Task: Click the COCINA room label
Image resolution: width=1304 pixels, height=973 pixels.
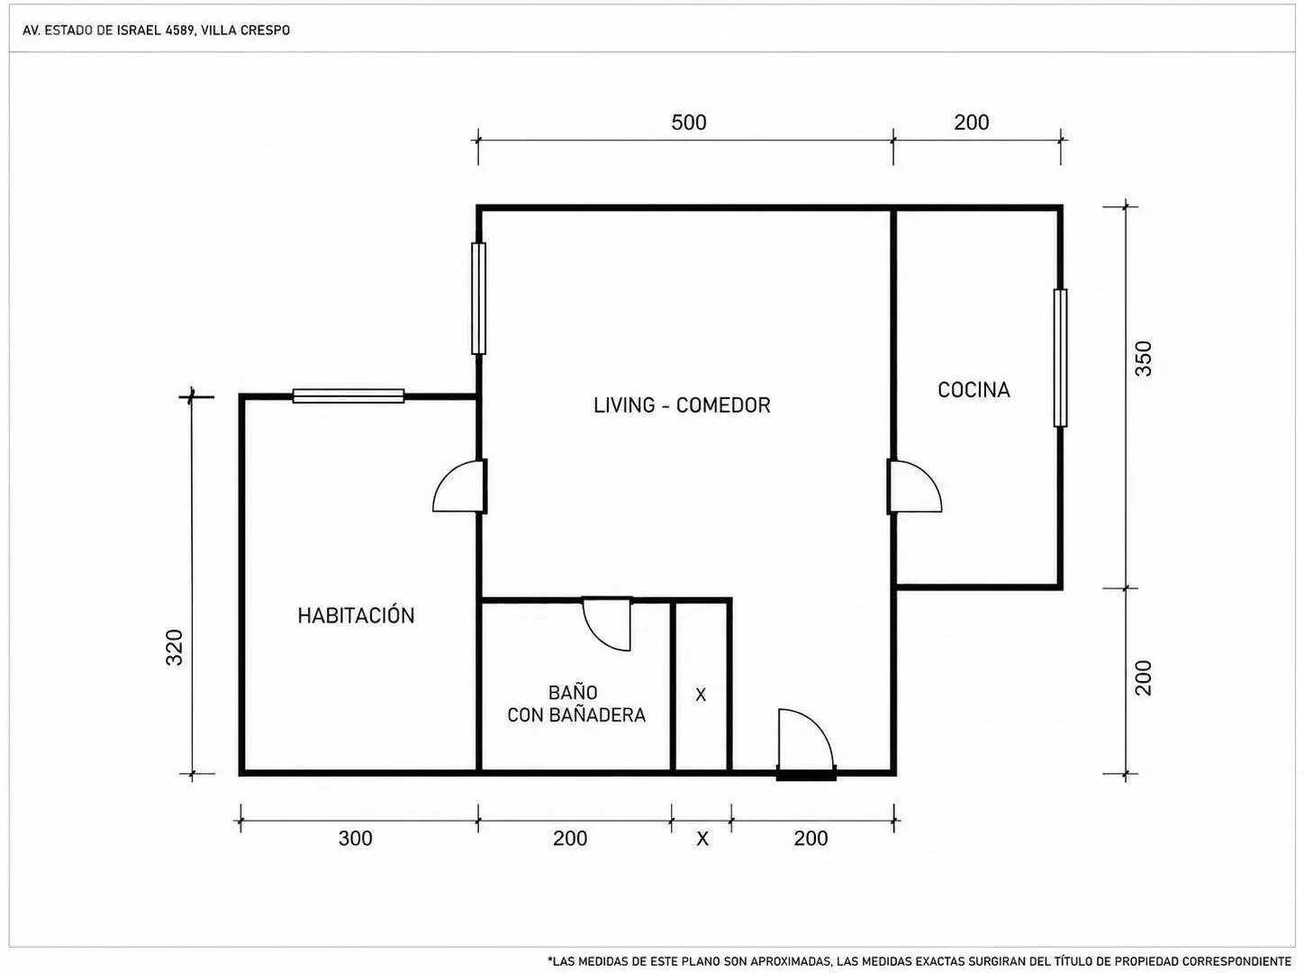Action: [x=973, y=390]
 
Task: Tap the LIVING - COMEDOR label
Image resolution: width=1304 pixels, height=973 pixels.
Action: [x=682, y=405]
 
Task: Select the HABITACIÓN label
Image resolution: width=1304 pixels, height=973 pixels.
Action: [x=356, y=615]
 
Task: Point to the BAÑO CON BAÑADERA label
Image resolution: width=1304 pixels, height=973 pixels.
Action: [x=575, y=703]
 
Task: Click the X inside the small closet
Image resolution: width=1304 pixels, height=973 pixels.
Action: [x=701, y=695]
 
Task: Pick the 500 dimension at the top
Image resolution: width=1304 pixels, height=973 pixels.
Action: [x=689, y=123]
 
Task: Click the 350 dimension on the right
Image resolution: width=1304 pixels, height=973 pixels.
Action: [x=1143, y=359]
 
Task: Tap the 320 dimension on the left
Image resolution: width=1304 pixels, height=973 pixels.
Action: [x=174, y=647]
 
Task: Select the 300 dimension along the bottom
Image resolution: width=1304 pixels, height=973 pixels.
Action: [x=355, y=838]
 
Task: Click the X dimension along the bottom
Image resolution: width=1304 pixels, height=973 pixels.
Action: [x=702, y=839]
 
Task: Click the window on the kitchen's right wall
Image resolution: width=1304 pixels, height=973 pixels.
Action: [x=1060, y=358]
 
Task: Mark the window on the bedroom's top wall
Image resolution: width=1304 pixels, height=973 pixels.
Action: [x=349, y=396]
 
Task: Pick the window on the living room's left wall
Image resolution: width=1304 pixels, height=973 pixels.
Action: [x=478, y=298]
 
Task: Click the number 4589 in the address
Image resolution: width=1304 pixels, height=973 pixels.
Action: [x=181, y=31]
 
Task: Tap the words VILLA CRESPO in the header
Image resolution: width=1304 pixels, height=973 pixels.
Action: [x=245, y=31]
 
